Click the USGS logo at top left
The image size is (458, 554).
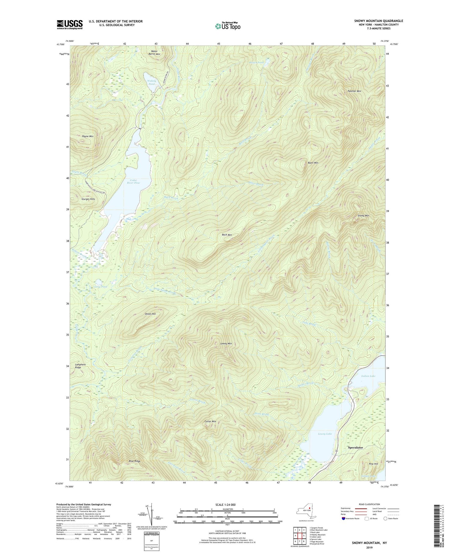[x=70, y=24]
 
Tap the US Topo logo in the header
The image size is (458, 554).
[x=227, y=26]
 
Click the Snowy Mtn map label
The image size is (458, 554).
[x=363, y=216]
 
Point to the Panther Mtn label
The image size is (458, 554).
[x=354, y=91]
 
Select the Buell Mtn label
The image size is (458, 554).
[x=313, y=163]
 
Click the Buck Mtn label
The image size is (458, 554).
[x=227, y=235]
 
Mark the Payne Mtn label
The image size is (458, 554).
[x=87, y=136]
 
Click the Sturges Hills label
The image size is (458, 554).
[x=88, y=199]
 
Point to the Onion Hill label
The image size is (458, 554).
[x=150, y=314]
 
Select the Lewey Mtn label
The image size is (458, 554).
[x=226, y=343]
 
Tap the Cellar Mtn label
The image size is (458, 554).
[x=210, y=421]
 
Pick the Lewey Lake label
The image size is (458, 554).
[x=325, y=434]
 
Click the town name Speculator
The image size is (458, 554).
[x=355, y=447]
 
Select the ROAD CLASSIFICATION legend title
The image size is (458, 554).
[x=369, y=504]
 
